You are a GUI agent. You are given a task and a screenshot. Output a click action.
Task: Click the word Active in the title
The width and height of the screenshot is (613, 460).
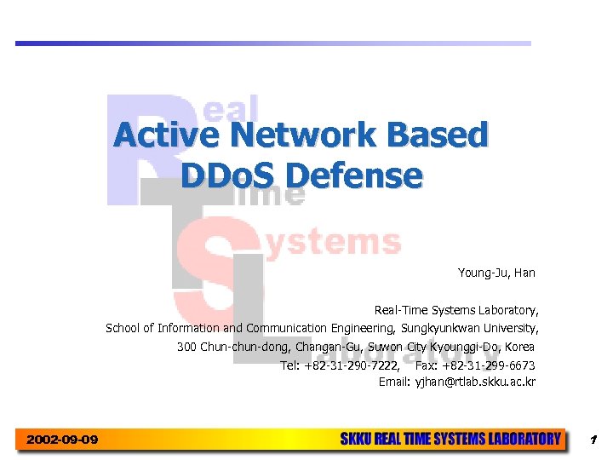165,135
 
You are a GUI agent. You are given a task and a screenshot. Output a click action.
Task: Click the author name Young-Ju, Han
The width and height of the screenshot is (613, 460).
496,273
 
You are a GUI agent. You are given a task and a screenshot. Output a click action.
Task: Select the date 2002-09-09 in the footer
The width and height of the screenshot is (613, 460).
62,440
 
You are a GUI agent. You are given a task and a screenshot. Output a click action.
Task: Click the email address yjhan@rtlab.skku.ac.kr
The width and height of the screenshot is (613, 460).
475,382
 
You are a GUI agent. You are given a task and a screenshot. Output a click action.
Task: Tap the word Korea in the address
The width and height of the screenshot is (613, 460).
519,347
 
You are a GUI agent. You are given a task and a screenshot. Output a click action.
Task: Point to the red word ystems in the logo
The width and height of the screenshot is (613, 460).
334,242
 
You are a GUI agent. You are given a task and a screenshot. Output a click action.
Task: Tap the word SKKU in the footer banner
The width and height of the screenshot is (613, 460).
357,440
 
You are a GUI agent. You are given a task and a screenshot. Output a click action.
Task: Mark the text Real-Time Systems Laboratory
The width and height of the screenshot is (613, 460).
456,310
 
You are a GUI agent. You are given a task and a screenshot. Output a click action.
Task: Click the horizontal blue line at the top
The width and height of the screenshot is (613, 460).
272,43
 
